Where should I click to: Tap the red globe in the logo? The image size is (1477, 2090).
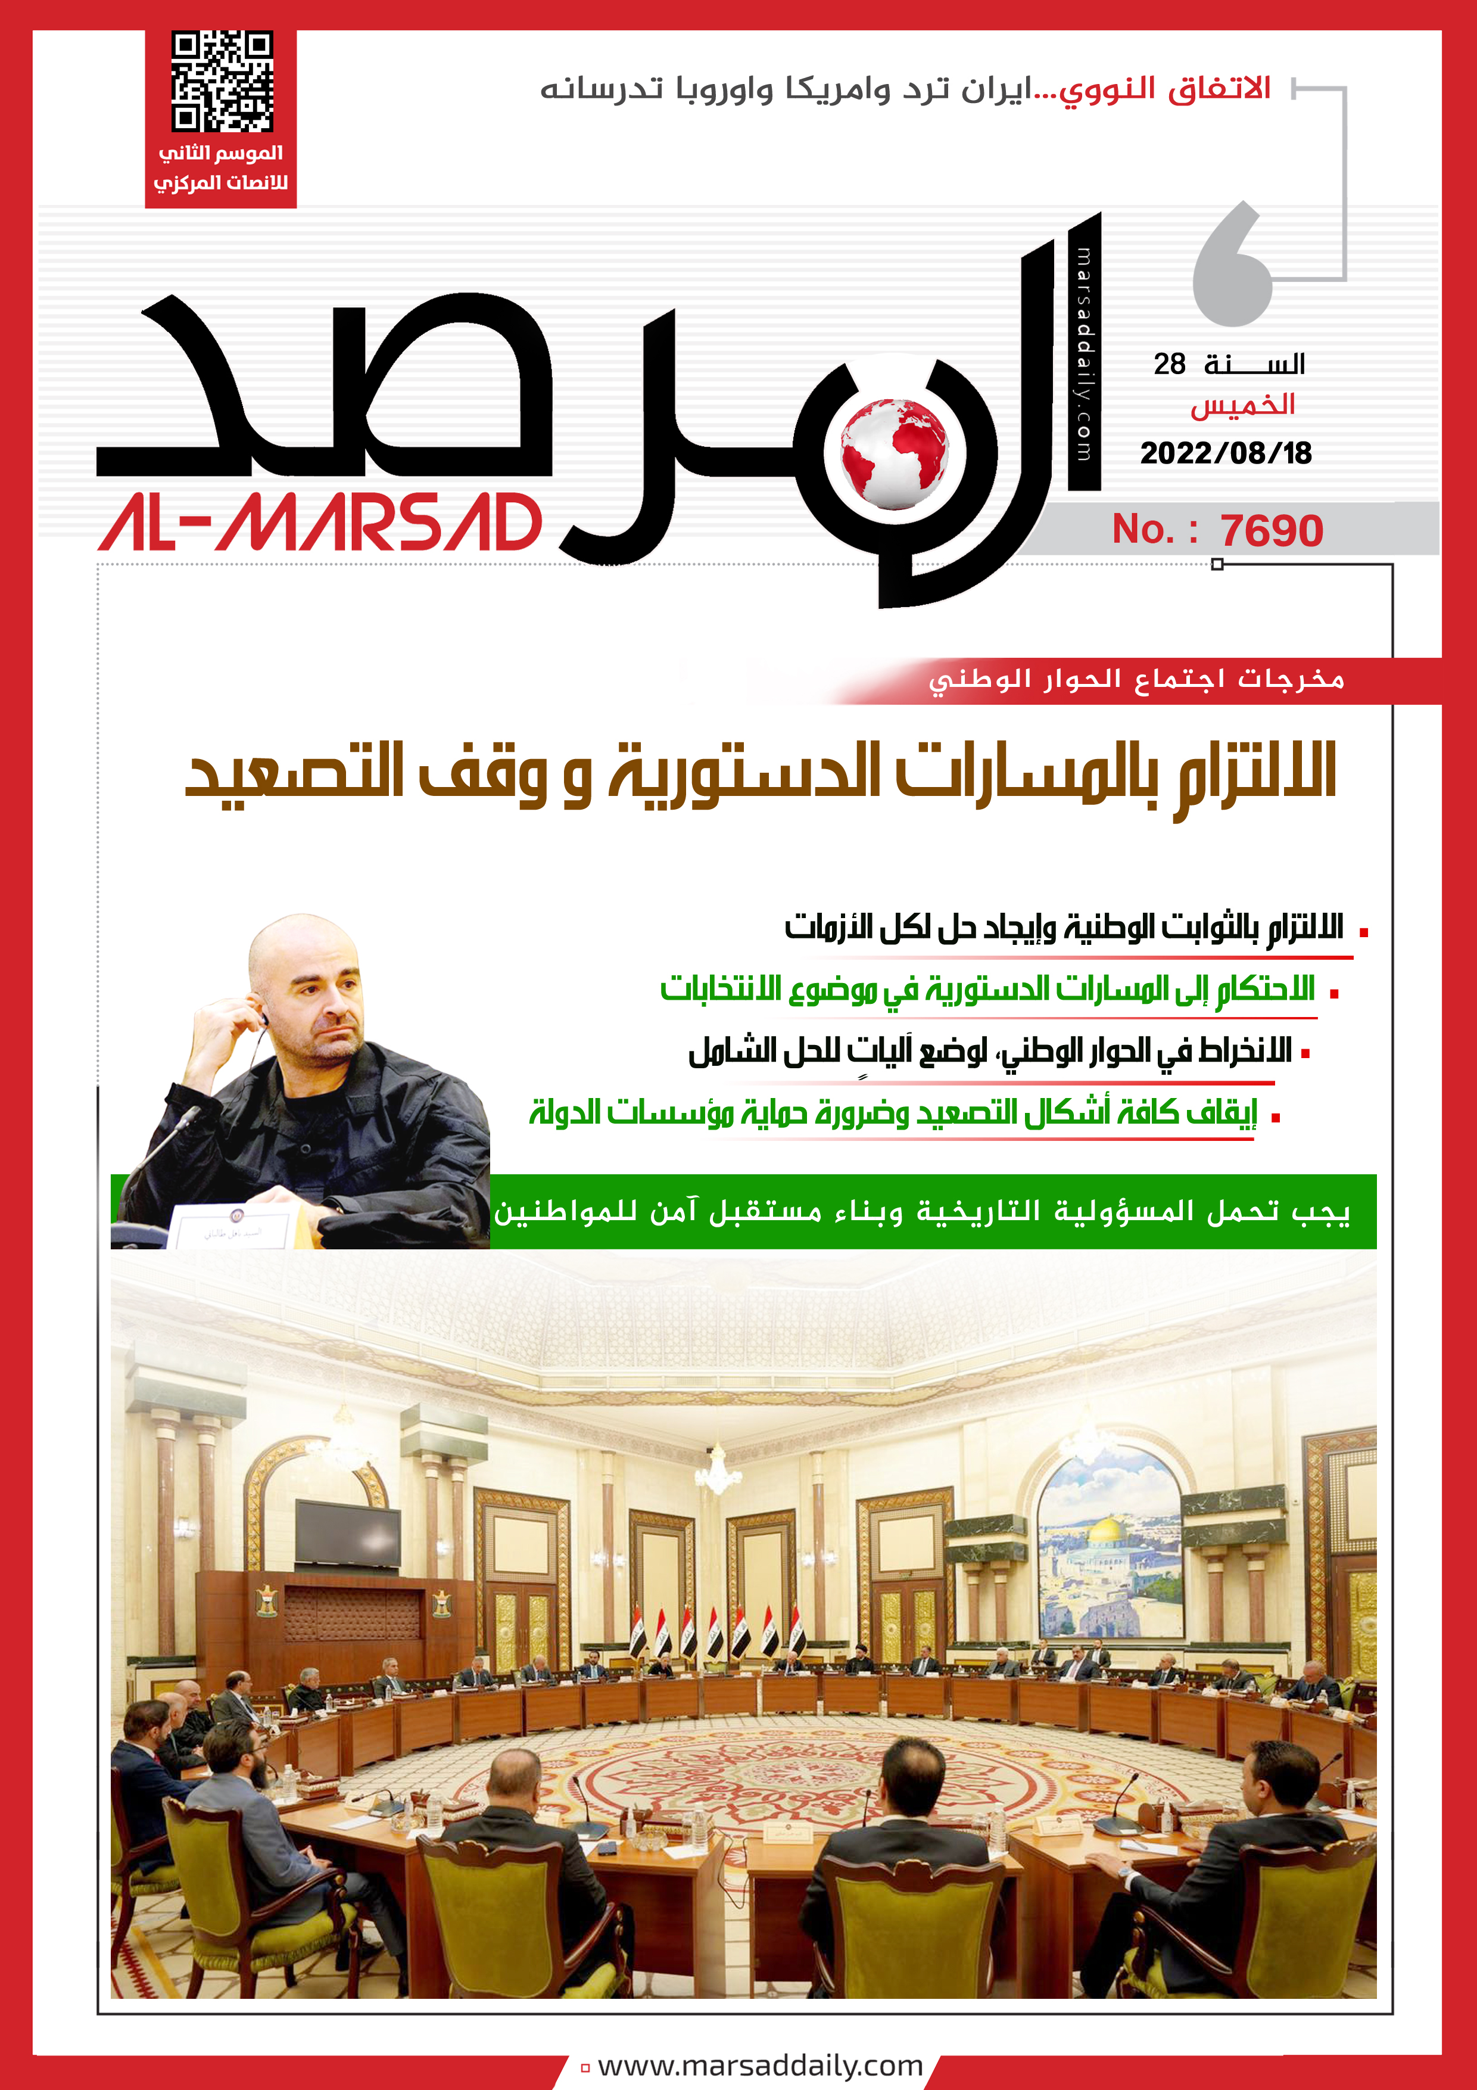click(x=894, y=453)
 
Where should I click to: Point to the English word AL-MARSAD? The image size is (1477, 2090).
click(x=320, y=524)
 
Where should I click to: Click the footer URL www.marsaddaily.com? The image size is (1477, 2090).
click(x=760, y=2066)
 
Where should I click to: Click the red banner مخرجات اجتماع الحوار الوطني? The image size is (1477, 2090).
click(x=1136, y=680)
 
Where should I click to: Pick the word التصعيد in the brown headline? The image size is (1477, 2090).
click(x=295, y=772)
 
